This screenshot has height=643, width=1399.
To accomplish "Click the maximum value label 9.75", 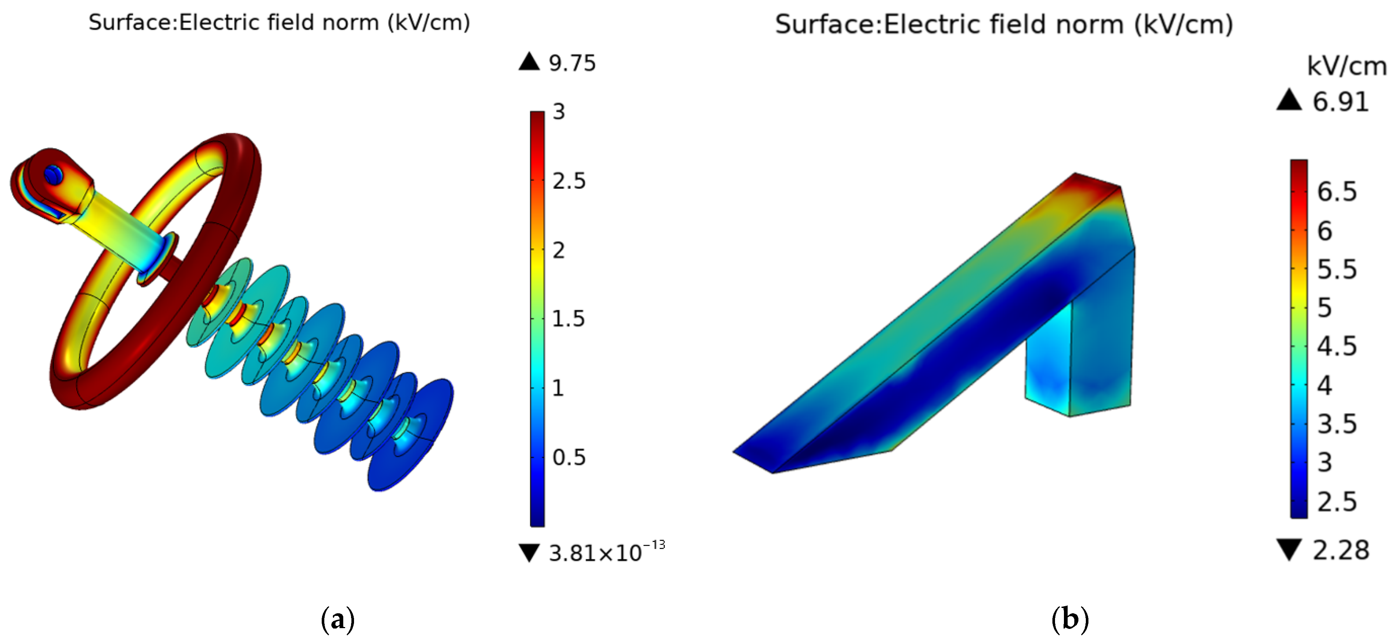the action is [x=572, y=64].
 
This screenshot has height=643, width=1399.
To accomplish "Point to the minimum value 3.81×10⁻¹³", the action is [x=607, y=552].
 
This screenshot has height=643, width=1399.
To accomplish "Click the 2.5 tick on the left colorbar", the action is [x=569, y=181].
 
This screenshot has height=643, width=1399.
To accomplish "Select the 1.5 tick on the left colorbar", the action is [x=568, y=319].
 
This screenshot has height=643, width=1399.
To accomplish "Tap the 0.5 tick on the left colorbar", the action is [x=569, y=457].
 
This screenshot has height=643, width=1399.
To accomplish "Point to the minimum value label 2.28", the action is [x=1340, y=550].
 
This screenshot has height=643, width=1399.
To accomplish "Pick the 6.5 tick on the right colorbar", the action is [x=1337, y=192].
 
